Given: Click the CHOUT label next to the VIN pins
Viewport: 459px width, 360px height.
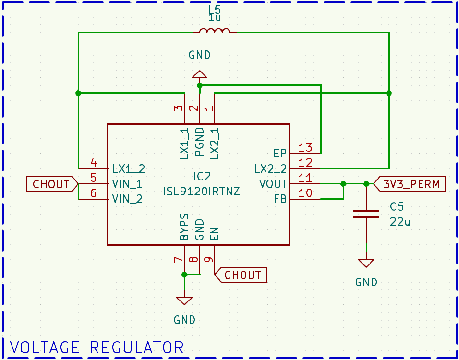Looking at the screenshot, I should [x=51, y=184].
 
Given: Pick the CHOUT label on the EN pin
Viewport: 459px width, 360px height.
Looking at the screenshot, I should [x=242, y=275].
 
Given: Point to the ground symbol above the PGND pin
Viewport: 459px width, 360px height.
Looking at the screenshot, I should [x=199, y=74].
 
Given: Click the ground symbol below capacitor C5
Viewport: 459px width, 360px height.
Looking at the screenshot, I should [x=366, y=263].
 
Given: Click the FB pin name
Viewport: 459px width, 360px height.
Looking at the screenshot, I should [x=280, y=199].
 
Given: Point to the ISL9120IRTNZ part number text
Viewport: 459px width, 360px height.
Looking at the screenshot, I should [x=201, y=192].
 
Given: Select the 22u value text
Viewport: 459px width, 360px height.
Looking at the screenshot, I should [x=399, y=222].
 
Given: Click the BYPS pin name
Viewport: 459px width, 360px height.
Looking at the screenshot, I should [x=184, y=227].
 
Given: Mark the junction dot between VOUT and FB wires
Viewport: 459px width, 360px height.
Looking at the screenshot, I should [x=343, y=184].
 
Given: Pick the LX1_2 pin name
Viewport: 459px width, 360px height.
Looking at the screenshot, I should [x=128, y=168].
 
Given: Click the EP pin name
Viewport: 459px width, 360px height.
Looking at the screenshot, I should [x=280, y=154].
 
